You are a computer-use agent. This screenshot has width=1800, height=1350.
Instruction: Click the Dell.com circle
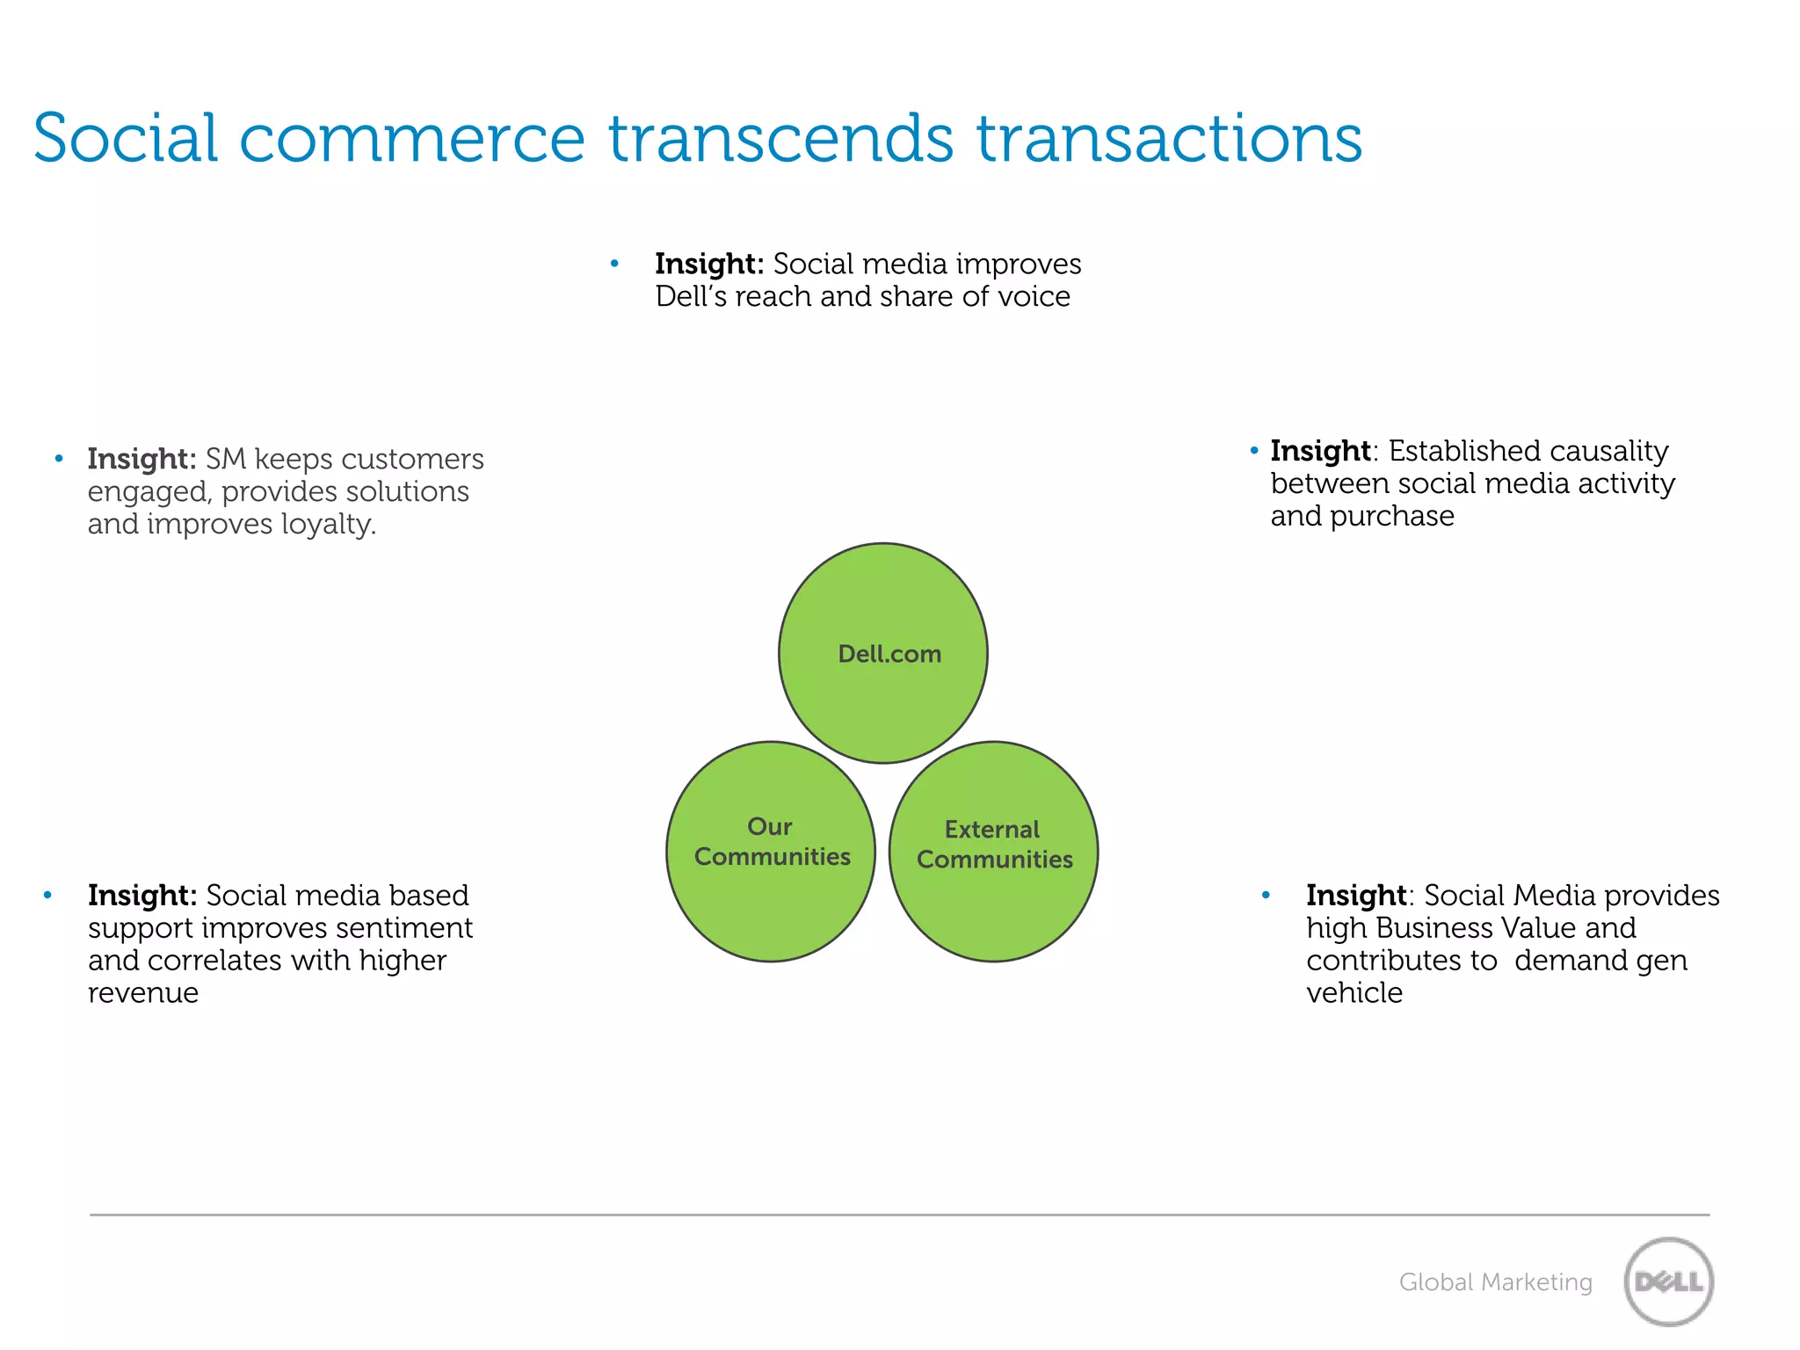click(x=883, y=653)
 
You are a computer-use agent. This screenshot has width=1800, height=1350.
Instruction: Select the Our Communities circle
click(x=771, y=851)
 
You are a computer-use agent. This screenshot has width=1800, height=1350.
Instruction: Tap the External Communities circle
click(x=993, y=851)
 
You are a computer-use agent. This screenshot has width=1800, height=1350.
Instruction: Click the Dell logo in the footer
click(x=1668, y=1281)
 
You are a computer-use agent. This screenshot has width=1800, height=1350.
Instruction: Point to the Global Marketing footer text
click(x=1495, y=1282)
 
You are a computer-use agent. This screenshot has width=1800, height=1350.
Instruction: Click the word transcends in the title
click(x=780, y=139)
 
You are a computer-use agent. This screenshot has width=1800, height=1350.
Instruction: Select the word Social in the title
click(x=125, y=139)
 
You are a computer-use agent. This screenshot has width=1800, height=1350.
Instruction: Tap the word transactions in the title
click(x=1169, y=139)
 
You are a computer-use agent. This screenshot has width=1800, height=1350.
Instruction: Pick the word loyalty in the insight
click(x=327, y=525)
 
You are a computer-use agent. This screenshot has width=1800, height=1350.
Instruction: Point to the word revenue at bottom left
click(x=143, y=993)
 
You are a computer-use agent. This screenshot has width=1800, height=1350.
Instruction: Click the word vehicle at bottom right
click(x=1354, y=993)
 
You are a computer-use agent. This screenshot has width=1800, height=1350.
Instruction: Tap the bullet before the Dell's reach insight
click(x=614, y=264)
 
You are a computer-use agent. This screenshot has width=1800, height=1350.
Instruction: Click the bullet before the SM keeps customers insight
click(x=59, y=459)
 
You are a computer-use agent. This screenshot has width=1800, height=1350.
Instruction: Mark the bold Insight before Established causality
click(x=1319, y=451)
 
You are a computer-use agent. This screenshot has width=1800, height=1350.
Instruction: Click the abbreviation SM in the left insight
click(x=225, y=459)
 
